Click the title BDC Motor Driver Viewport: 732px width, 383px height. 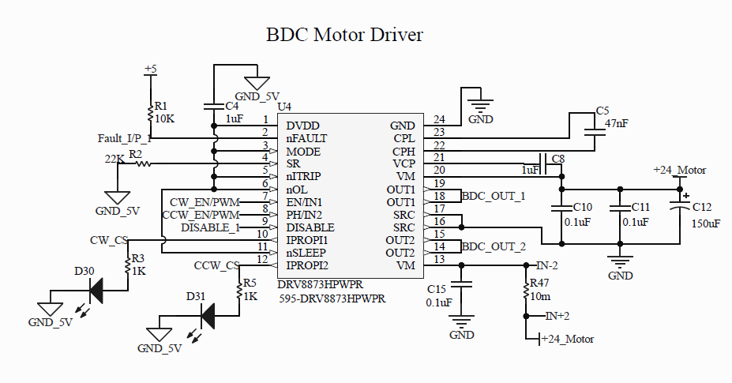[344, 36]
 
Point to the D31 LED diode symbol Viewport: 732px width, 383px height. [208, 317]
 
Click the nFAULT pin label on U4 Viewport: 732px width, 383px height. [306, 138]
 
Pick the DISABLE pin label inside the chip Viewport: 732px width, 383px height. [310, 227]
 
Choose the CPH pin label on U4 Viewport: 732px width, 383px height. [404, 151]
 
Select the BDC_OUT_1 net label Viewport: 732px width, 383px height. [494, 196]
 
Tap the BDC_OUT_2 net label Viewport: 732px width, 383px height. [494, 246]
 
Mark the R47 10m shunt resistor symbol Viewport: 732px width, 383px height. [526, 290]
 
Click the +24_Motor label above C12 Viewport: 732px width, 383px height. [679, 170]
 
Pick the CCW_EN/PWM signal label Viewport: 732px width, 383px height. [200, 215]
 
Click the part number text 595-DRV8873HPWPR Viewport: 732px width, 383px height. [332, 299]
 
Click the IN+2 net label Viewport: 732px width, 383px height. [557, 316]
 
